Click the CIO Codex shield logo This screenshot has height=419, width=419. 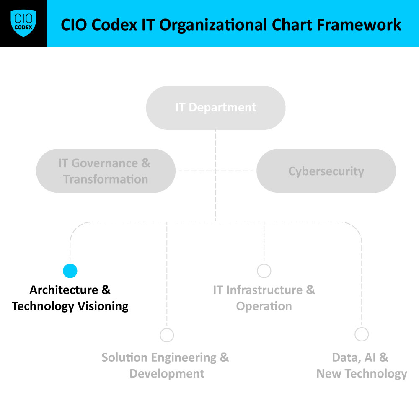23,23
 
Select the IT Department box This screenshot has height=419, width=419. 216,108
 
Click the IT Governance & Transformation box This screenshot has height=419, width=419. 106,171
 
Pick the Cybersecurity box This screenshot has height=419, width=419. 326,171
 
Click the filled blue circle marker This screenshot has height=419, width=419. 70,271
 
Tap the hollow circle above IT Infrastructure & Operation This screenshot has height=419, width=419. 264,271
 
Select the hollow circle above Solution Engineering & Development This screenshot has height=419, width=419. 167,335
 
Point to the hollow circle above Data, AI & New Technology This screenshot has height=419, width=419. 362,334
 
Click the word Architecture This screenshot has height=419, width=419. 64,290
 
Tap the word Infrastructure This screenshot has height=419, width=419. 264,290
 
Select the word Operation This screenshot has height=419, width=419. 264,307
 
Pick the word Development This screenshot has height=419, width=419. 167,374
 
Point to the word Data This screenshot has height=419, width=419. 346,357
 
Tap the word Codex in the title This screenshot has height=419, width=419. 114,25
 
